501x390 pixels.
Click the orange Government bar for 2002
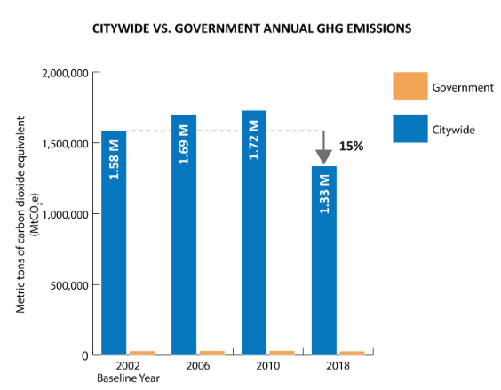point(142,353)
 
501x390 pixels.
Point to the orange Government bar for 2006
point(212,353)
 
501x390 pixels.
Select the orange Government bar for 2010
point(282,353)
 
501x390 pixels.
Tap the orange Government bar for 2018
point(352,353)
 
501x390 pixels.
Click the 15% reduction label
point(351,147)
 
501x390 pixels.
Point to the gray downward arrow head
point(323,156)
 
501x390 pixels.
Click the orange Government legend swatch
point(410,87)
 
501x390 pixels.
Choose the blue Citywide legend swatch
point(410,130)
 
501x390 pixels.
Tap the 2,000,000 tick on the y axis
point(65,73)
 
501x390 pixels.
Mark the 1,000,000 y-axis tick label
point(65,214)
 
